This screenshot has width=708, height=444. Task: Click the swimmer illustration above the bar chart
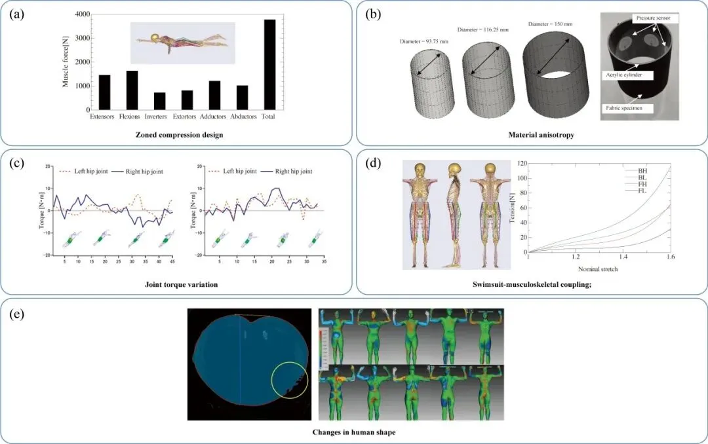pyautogui.click(x=182, y=39)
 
